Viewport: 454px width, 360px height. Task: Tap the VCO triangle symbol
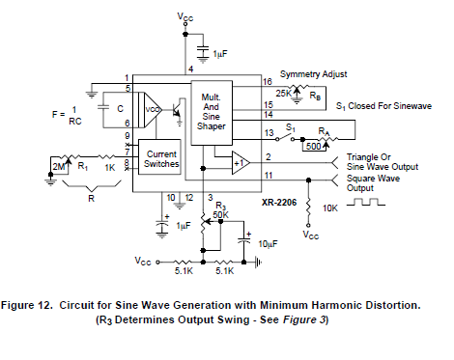point(153,109)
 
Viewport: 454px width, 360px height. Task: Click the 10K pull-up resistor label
point(331,207)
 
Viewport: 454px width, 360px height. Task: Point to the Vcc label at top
point(186,17)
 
